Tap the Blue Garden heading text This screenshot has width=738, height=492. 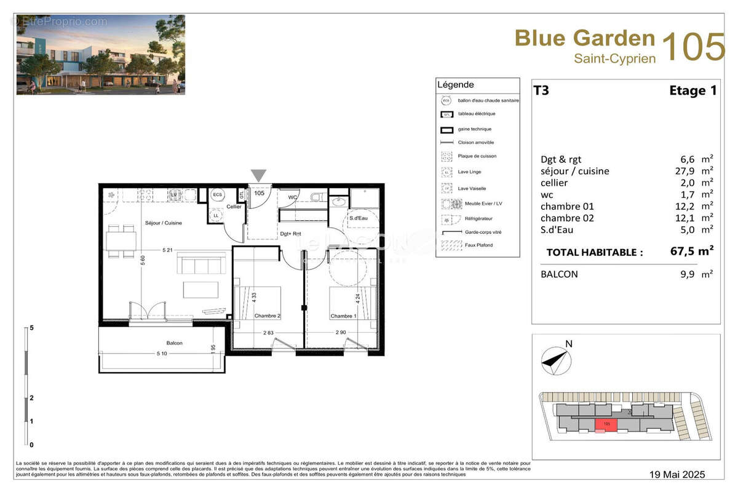click(584, 38)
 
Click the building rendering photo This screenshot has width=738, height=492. click(100, 55)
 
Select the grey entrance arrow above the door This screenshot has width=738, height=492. click(259, 175)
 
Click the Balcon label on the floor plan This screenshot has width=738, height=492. click(174, 343)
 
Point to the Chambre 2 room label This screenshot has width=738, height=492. click(268, 316)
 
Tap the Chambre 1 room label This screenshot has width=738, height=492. click(343, 316)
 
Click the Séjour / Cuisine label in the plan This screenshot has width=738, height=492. click(163, 223)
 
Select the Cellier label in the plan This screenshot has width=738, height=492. click(234, 207)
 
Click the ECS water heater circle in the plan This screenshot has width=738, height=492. click(217, 194)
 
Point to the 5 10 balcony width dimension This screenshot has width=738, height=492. click(161, 353)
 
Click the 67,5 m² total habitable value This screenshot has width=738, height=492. click(691, 250)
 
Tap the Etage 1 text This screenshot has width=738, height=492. click(692, 90)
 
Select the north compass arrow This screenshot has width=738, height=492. click(554, 359)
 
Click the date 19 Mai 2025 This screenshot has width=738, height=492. click(678, 474)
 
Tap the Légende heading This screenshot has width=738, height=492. click(455, 85)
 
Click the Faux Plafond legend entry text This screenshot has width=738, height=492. click(476, 245)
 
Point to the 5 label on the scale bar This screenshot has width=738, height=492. click(31, 328)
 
